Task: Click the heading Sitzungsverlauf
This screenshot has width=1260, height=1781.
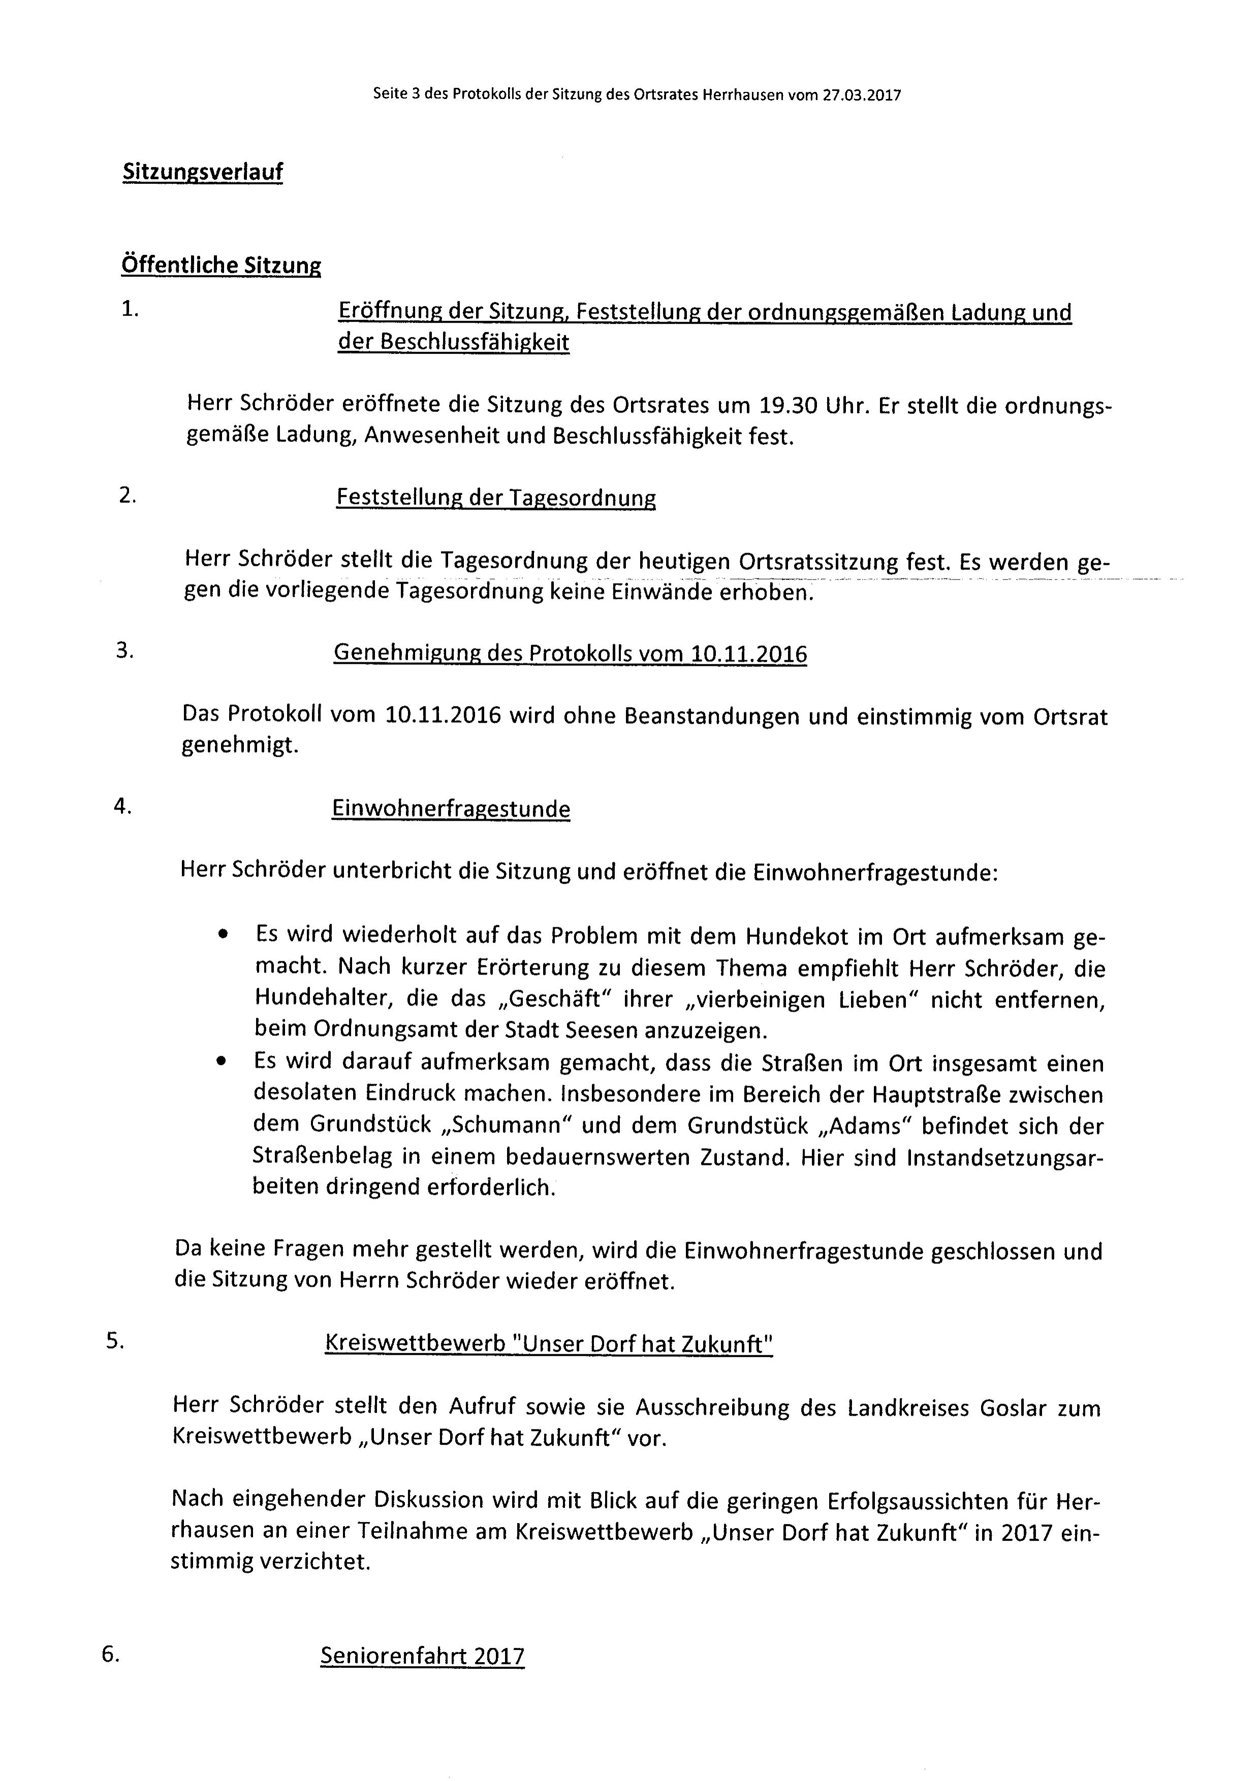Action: pos(203,172)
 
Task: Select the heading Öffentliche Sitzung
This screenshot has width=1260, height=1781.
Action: pos(221,265)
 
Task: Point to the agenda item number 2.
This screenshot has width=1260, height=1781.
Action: pos(127,495)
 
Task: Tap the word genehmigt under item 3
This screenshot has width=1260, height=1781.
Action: pos(240,746)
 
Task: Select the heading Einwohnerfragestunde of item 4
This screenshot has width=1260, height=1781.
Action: pos(451,809)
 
